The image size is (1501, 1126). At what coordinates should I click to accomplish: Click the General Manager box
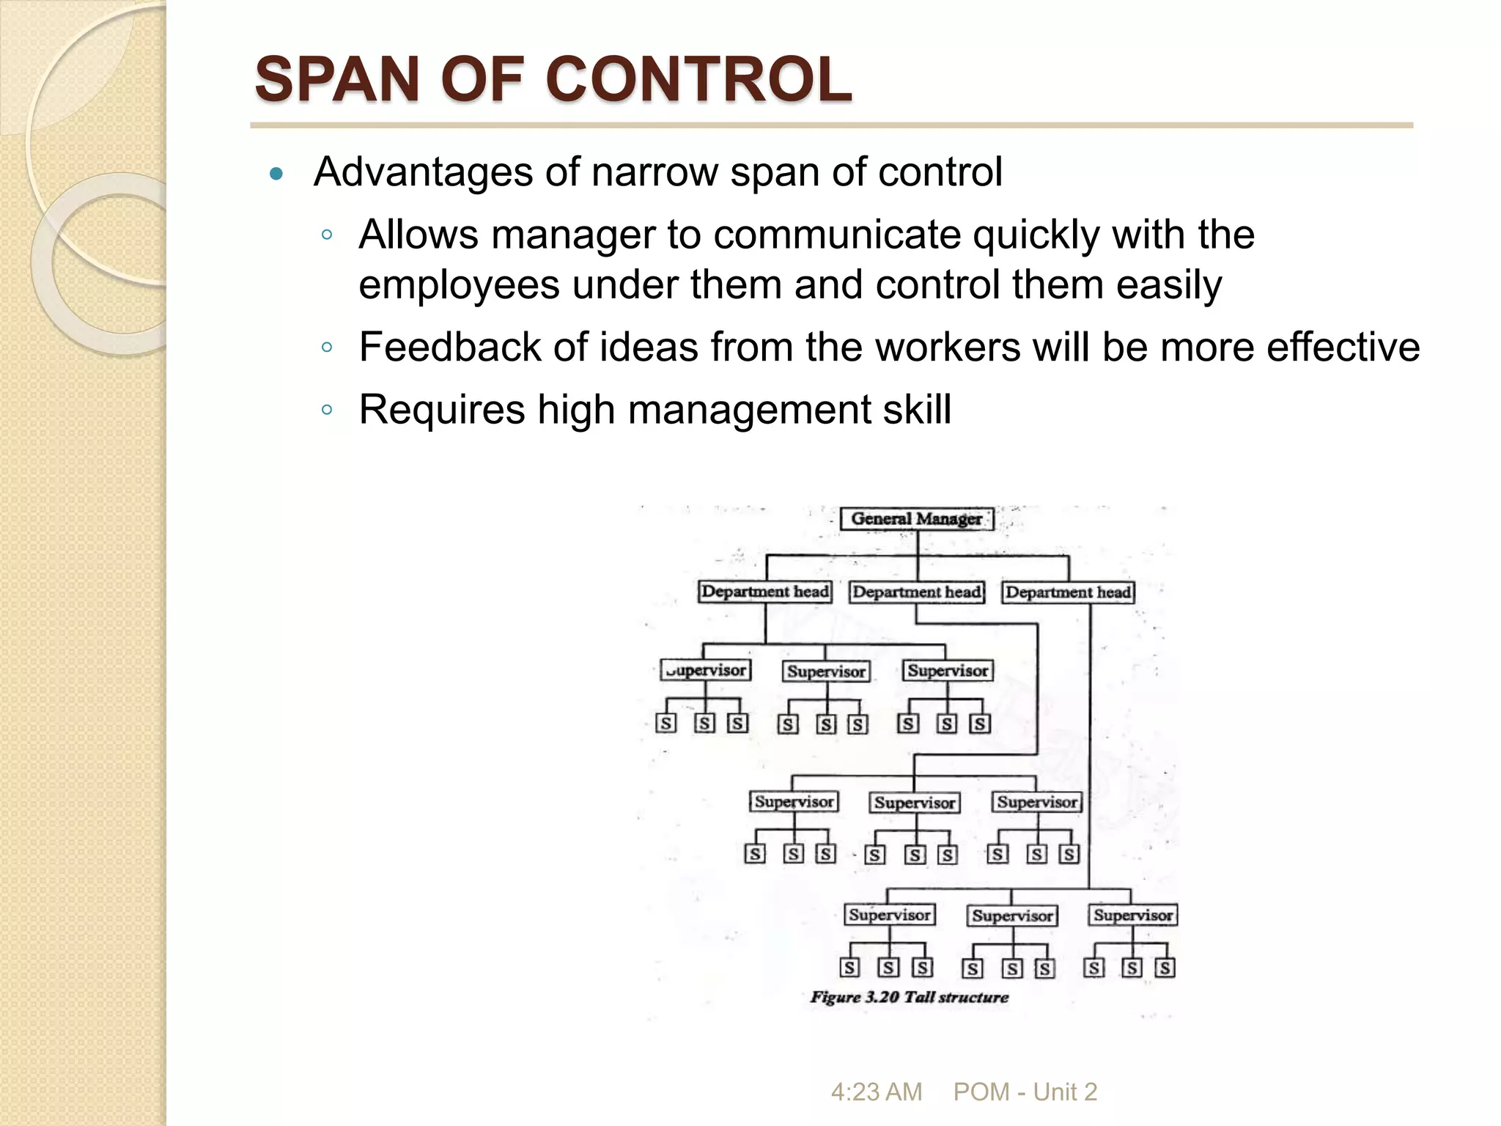(x=916, y=519)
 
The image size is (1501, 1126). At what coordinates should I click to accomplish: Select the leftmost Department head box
(x=765, y=592)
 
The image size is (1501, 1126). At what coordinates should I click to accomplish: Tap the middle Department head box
(x=916, y=592)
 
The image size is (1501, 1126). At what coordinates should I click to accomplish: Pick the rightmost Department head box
(x=1068, y=592)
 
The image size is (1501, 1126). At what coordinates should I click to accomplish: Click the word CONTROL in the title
(x=698, y=80)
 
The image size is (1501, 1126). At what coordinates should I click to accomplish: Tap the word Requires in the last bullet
(x=441, y=409)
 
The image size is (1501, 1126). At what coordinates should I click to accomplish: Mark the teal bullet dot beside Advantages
(x=276, y=174)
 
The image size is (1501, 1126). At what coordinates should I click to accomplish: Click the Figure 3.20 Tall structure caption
(x=909, y=997)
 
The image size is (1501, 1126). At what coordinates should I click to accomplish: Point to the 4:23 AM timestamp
(x=876, y=1092)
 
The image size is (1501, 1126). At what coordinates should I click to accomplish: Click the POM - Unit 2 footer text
(x=1025, y=1092)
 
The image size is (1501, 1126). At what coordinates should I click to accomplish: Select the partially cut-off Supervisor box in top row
(x=706, y=670)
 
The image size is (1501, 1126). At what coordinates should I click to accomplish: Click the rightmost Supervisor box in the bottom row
(x=1133, y=915)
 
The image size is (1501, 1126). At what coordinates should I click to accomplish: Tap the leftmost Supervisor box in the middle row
(x=794, y=801)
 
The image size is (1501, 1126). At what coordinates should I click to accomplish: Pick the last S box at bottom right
(x=1165, y=968)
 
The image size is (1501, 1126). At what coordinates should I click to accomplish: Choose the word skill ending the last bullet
(x=917, y=409)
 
